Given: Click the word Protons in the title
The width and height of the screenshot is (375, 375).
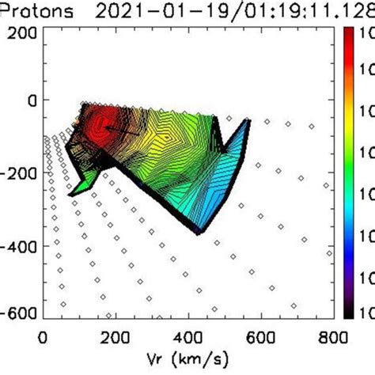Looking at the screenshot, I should [40, 10].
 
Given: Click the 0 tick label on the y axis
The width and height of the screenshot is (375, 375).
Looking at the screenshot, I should [32, 100].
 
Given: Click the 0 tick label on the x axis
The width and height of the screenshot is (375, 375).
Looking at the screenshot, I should [43, 335].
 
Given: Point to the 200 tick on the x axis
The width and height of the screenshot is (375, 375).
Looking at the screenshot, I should [116, 335].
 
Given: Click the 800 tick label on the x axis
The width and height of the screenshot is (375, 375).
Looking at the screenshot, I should [335, 335].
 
